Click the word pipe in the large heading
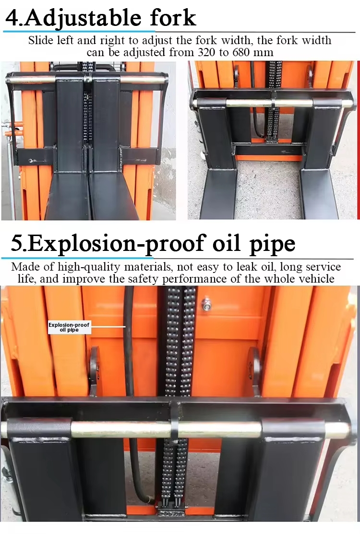point(272,245)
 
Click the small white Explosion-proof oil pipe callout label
point(69,327)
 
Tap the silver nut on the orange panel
point(206,304)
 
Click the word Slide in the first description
point(40,40)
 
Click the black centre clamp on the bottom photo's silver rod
point(175,426)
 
